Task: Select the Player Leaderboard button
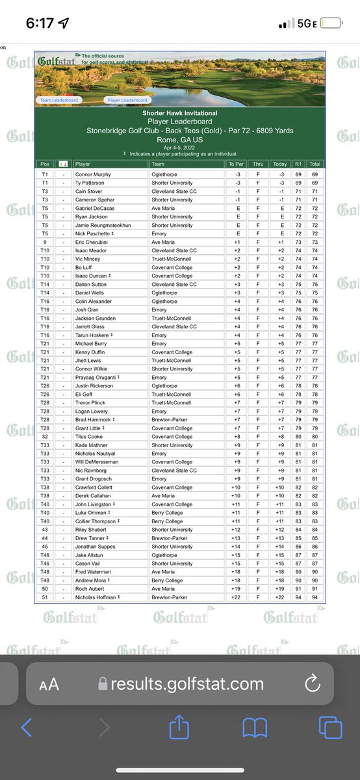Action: click(127, 100)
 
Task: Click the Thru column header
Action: click(258, 164)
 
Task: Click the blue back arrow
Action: click(27, 728)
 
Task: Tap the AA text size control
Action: click(49, 684)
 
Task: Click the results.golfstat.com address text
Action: click(187, 684)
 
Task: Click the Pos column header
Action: click(45, 164)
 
